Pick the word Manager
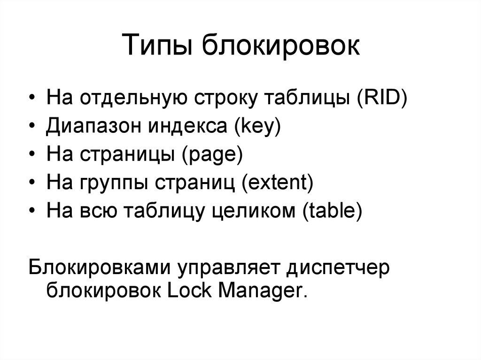pyautogui.click(x=263, y=292)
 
